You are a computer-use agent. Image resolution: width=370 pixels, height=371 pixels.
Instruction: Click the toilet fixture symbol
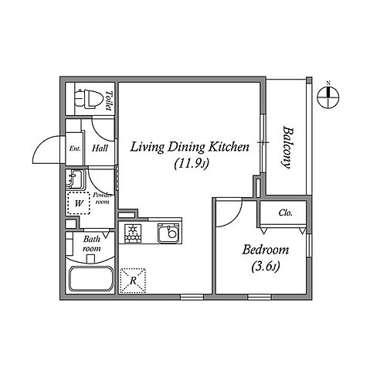point(87,99)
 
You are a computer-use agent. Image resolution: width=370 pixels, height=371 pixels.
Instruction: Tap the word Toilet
point(110,100)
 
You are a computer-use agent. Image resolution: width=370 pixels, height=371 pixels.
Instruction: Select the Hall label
point(100,148)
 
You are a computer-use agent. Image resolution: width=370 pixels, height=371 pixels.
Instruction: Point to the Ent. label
point(75,148)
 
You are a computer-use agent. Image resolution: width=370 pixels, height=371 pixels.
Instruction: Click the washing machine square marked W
point(79,203)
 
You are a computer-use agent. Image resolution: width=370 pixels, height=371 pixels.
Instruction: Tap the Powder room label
point(103,198)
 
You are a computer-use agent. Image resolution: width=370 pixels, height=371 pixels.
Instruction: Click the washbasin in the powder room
point(75,180)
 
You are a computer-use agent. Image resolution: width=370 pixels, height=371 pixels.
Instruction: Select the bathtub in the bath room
point(91,279)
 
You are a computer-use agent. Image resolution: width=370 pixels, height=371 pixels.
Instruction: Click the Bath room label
point(92,243)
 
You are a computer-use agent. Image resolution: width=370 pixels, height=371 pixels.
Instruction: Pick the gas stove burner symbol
point(133,233)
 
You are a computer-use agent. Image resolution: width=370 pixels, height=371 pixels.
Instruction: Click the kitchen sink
point(168,233)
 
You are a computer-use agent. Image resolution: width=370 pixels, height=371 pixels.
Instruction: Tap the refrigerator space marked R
point(133,281)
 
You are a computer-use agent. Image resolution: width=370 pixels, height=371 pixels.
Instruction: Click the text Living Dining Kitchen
point(190,147)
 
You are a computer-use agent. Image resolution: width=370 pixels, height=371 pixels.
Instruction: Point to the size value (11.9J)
point(191,164)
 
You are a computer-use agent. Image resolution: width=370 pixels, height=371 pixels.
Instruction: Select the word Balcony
point(287,147)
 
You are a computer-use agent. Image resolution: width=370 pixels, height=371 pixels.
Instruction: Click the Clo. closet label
point(286,213)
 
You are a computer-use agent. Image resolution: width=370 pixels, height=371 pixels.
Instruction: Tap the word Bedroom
point(265,250)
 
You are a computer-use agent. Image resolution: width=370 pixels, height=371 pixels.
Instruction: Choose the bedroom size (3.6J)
point(265,267)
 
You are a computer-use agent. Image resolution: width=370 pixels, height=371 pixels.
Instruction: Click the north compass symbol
point(328,97)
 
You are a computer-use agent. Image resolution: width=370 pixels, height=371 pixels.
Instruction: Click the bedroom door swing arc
point(234,219)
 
